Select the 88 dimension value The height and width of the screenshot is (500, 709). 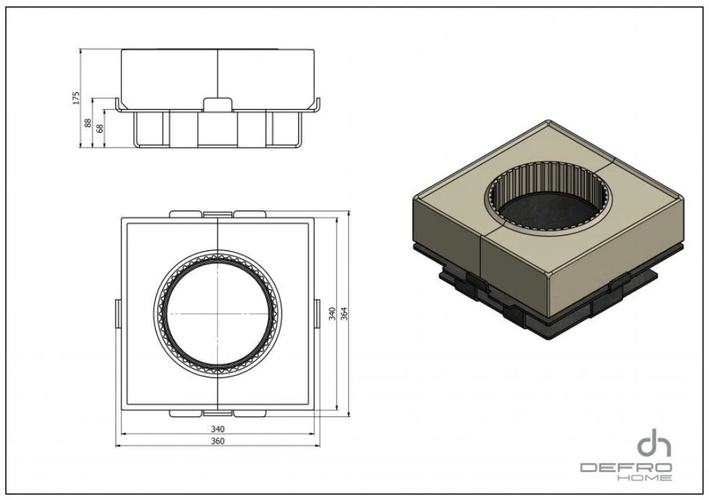point(89,123)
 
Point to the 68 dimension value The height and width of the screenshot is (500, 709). point(100,129)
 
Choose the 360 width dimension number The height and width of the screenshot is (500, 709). point(217,441)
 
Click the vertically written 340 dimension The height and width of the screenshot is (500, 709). point(331,314)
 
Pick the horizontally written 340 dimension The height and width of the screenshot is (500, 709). point(217,429)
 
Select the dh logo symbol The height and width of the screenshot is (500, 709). point(653,443)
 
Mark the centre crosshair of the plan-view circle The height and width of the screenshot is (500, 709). point(217,314)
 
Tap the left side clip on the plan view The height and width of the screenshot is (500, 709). point(117,314)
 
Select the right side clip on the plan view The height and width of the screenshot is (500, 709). point(318,314)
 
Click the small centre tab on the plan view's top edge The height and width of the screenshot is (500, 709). point(217,214)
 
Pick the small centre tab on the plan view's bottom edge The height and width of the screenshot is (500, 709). point(217,413)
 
